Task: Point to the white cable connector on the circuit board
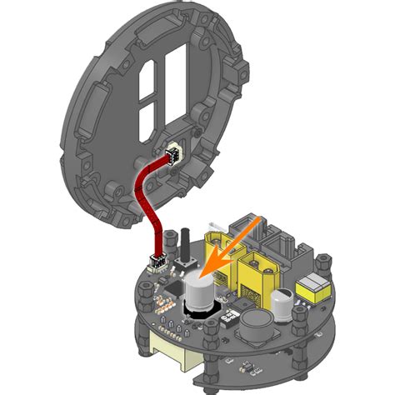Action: tap(156, 263)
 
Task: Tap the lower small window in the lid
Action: tap(145, 116)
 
